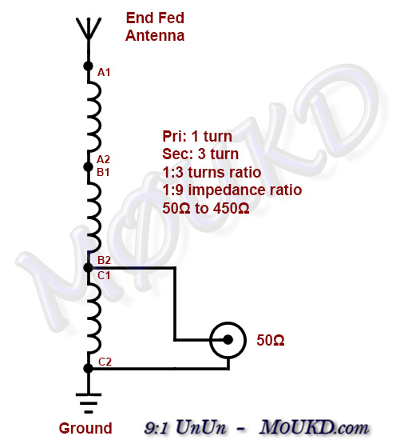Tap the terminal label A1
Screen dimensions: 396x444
(x=104, y=73)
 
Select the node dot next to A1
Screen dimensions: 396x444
(x=88, y=66)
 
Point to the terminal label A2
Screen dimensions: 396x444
(x=103, y=160)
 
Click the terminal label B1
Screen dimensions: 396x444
(x=103, y=172)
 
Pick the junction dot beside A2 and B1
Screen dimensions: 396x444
(x=88, y=166)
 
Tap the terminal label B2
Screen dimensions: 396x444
(x=104, y=260)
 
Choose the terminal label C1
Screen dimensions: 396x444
(x=104, y=275)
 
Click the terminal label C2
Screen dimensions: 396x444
(x=105, y=362)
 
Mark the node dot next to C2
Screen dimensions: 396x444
(x=88, y=368)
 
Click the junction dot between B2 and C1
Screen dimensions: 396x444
(x=88, y=267)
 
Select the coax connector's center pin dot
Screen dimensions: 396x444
(x=228, y=339)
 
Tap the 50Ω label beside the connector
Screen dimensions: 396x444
(x=270, y=340)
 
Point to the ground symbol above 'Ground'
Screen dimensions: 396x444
(x=89, y=403)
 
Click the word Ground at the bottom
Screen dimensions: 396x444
(x=85, y=428)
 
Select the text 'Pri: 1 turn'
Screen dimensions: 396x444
(x=197, y=136)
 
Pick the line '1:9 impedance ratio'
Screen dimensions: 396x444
(x=232, y=190)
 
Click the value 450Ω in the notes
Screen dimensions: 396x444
(x=231, y=209)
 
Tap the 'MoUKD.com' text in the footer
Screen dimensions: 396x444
(x=314, y=427)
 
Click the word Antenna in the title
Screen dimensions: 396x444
(x=155, y=36)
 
